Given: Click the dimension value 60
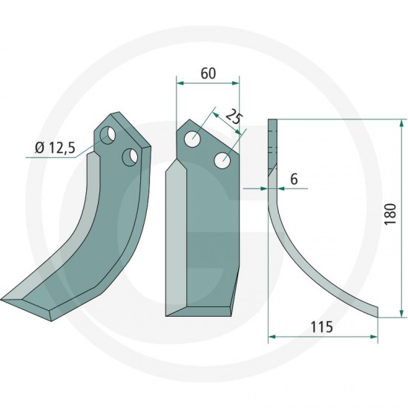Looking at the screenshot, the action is coord(208,73).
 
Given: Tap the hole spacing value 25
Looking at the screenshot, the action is coord(234,119).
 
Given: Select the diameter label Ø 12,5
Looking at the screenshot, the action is coord(55,148).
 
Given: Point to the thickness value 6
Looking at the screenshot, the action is coord(294,180).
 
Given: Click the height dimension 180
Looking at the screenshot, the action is coord(390,214).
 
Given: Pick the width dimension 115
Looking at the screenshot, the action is coord(322,327).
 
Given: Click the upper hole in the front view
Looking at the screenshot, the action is coord(192,139).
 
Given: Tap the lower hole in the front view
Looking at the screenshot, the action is coord(223,160).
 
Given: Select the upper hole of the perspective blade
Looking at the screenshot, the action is coord(108,135).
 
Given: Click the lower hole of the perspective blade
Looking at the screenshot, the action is coord(130,157).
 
